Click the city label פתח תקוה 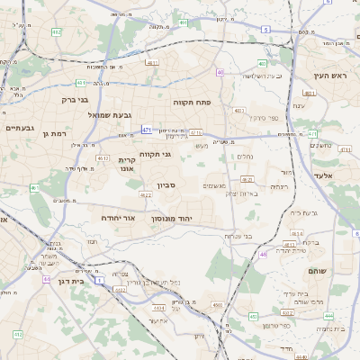(192, 103)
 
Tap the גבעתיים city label (19, 129)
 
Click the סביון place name (166, 185)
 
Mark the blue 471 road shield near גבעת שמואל (146, 130)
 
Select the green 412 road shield (17, 334)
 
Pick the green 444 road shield (328, 317)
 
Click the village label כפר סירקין (262, 118)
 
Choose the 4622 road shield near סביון (146, 194)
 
